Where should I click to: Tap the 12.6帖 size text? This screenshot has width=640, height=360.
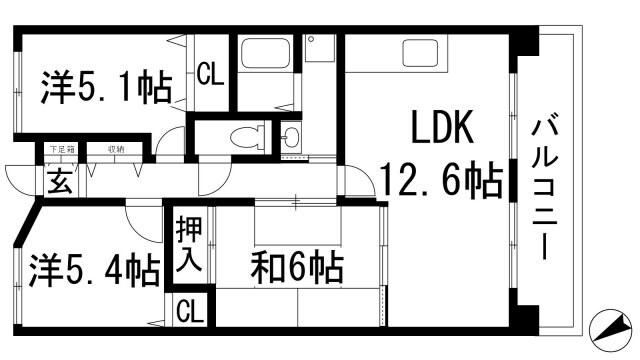[x=439, y=183]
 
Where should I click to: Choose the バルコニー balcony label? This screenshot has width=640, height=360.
[x=546, y=188]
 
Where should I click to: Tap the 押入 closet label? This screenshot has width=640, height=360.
[x=190, y=247]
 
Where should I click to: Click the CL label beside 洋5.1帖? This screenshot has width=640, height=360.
[x=210, y=73]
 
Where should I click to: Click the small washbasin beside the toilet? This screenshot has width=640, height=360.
[x=289, y=137]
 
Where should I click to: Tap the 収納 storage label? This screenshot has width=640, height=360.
[x=117, y=150]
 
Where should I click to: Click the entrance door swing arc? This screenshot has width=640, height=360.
[x=22, y=181]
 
